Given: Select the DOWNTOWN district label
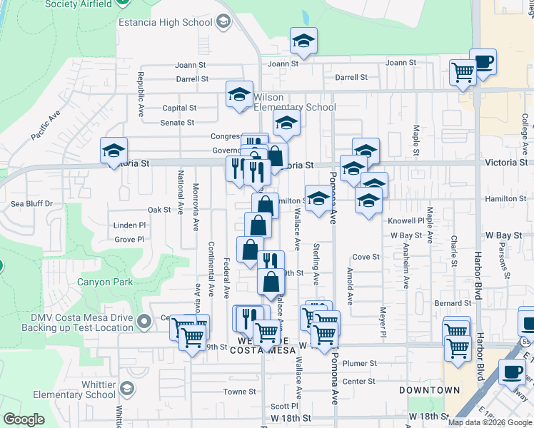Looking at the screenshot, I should point(429,390).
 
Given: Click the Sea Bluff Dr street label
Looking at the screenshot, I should point(32,203).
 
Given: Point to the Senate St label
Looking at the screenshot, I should point(177,123).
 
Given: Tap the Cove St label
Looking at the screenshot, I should point(366,257).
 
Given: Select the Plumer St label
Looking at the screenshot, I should point(359,363).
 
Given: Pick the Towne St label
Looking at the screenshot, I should point(239,392).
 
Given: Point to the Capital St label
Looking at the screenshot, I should point(179,108).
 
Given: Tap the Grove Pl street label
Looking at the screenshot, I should point(129,240).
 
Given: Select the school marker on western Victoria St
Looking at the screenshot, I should point(114,151).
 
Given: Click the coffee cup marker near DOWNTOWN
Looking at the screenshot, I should point(512,372).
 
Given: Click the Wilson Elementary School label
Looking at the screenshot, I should point(293,103).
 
